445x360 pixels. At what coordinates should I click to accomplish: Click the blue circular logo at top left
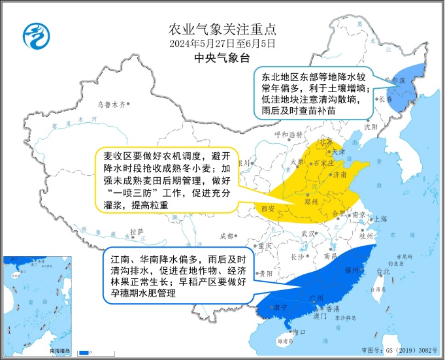coord(35,35)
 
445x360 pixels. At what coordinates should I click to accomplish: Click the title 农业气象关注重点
coord(222,29)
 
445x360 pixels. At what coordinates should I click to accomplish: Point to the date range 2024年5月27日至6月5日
coord(222,44)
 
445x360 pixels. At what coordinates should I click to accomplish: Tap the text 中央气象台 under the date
coord(222,58)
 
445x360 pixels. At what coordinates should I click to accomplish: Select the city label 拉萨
coord(136,231)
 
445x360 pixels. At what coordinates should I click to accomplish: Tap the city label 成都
coord(225,235)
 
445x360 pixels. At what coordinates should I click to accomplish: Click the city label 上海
coord(380,219)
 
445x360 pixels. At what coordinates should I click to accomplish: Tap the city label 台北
coord(383,270)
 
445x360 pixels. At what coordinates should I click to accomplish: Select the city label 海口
coord(299,333)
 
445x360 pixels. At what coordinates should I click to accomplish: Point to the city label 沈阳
coord(371,126)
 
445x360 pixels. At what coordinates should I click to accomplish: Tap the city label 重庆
coord(263,246)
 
